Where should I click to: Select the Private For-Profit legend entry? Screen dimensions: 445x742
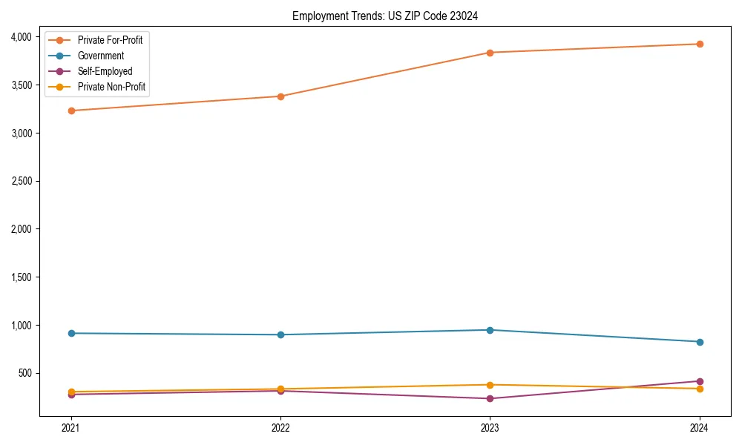[110, 40]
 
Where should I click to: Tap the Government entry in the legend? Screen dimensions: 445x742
[101, 56]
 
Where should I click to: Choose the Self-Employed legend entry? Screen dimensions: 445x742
[105, 71]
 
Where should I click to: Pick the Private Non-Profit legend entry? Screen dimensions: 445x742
[111, 87]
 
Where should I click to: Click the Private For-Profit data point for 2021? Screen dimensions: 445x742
[71, 111]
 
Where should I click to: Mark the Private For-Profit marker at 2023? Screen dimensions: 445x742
[490, 53]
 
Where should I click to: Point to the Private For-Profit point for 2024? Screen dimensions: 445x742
[700, 44]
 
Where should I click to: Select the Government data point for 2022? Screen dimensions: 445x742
[280, 334]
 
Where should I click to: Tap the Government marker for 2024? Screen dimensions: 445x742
[700, 342]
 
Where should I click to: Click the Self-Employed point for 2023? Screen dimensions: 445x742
[490, 399]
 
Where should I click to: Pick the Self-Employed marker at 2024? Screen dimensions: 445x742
[700, 381]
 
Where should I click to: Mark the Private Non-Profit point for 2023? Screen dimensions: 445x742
[490, 385]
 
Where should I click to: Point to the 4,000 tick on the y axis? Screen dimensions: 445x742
[21, 37]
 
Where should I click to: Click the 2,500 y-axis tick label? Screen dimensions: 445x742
[21, 181]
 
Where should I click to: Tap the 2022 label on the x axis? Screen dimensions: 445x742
[280, 427]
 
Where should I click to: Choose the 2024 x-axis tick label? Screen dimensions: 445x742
[700, 427]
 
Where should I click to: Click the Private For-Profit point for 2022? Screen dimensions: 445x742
[280, 96]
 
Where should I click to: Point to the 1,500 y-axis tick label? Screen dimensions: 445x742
[21, 277]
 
